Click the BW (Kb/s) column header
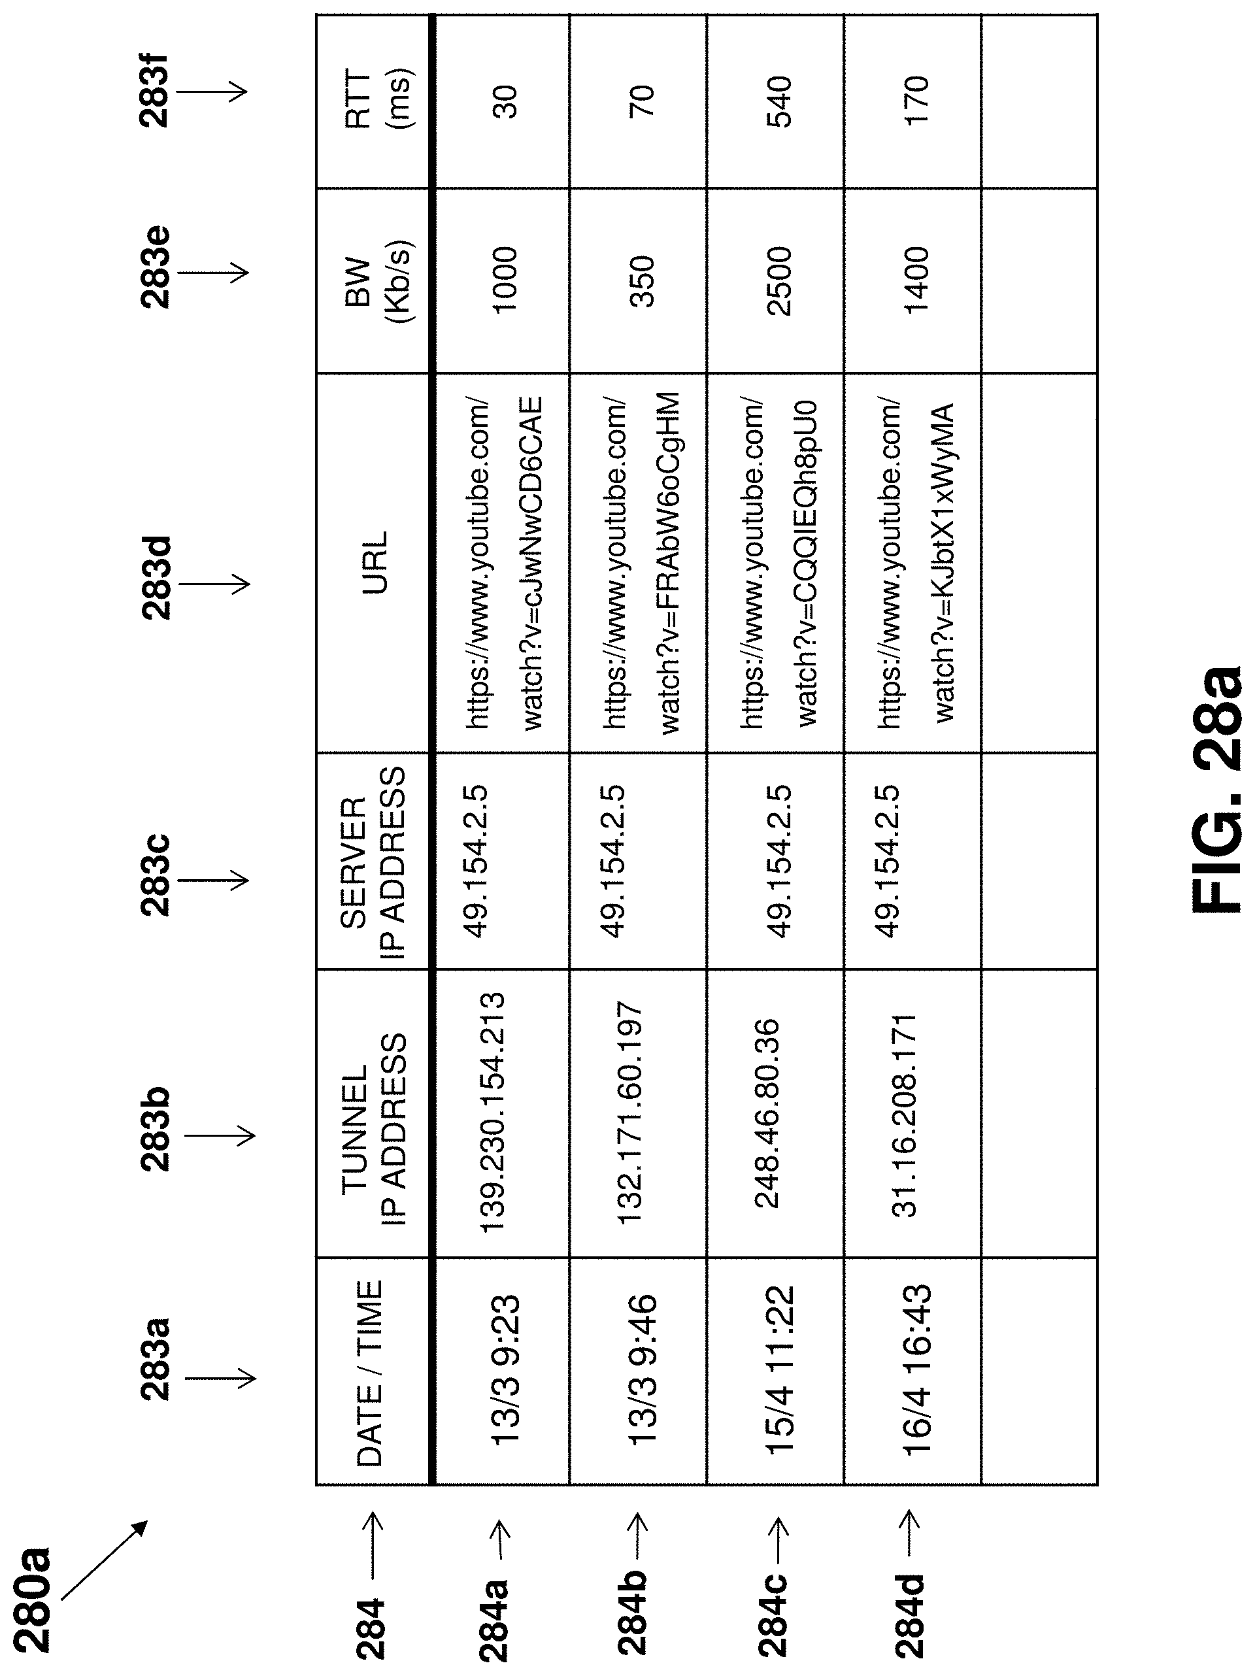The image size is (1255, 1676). (x=376, y=281)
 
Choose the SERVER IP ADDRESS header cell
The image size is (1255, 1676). (x=373, y=861)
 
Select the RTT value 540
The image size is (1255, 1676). (x=778, y=101)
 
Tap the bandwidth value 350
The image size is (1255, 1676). (x=642, y=281)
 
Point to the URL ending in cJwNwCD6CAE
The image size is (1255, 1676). (x=504, y=562)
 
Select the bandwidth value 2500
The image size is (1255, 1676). (x=778, y=281)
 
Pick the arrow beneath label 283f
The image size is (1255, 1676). (x=212, y=92)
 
